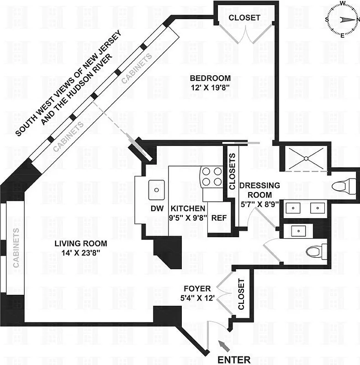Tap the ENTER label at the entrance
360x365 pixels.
(x=233, y=359)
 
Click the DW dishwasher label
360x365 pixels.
(x=157, y=208)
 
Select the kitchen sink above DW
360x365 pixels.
(x=157, y=188)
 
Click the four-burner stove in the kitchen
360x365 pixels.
(x=212, y=177)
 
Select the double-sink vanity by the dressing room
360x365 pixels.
(x=304, y=208)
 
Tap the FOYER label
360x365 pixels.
(x=197, y=289)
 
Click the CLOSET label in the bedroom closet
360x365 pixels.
(x=244, y=18)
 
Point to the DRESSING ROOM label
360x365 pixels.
(x=259, y=190)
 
